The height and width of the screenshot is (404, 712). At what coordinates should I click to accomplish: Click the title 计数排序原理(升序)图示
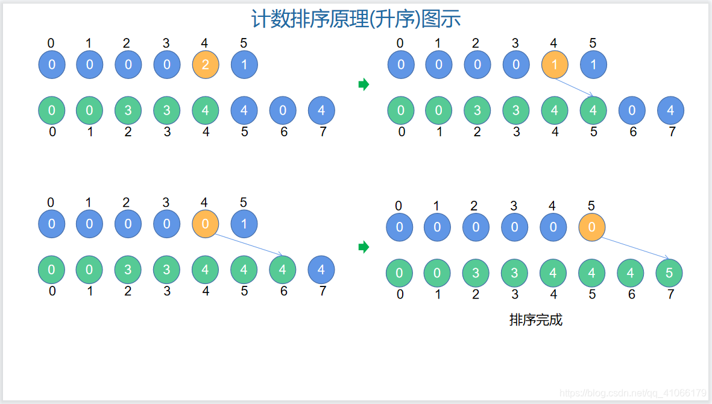tap(356, 19)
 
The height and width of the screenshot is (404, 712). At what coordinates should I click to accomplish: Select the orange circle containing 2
tap(206, 65)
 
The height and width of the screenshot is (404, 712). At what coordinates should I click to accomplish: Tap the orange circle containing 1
tap(555, 65)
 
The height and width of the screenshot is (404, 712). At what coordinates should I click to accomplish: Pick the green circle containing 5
tap(669, 273)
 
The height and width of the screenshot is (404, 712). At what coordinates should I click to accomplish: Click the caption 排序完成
tap(535, 320)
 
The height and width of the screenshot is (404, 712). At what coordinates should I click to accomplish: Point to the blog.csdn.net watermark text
tap(632, 393)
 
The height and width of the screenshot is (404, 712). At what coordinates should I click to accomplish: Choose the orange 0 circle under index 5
tap(591, 227)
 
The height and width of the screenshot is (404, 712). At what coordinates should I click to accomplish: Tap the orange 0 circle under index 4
tap(206, 224)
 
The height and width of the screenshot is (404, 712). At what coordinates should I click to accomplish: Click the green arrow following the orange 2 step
tap(363, 84)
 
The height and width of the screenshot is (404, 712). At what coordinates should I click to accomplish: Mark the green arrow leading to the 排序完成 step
tap(363, 247)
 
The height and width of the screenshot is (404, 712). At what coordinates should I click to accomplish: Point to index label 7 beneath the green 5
tap(670, 294)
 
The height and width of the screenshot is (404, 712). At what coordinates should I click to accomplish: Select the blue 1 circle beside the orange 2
tap(244, 65)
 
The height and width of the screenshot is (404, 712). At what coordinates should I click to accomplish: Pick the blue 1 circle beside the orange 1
tap(593, 65)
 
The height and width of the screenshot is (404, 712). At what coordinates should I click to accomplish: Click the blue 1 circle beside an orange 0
tap(244, 224)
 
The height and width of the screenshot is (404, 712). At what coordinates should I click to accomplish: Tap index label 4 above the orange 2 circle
tap(205, 43)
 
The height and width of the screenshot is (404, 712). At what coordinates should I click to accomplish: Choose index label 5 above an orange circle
tap(591, 206)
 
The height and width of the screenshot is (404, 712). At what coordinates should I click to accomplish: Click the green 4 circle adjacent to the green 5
tap(631, 273)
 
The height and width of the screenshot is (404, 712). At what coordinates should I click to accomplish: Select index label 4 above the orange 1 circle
tap(554, 43)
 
